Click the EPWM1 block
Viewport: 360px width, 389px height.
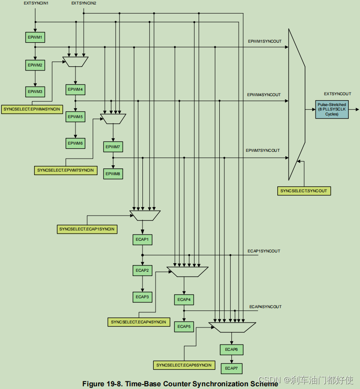tap(35, 36)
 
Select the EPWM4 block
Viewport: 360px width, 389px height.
tap(75, 89)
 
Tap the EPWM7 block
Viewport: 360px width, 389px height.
tap(113, 147)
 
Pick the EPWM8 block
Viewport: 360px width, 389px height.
tap(113, 173)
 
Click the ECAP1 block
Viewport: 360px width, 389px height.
tap(142, 239)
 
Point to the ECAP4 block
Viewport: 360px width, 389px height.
tap(184, 300)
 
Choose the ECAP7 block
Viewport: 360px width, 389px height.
tap(231, 368)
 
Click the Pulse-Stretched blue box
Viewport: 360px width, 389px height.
tap(332, 110)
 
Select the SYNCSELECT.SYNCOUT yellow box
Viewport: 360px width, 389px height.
tap(304, 191)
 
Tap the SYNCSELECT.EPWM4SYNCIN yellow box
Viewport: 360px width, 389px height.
tap(31, 109)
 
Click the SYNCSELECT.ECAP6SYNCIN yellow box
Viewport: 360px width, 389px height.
tap(184, 365)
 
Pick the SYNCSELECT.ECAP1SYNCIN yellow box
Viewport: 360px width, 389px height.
tap(87, 229)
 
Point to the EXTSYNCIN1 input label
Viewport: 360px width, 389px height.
tap(36, 4)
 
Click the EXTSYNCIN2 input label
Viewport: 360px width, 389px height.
tap(84, 4)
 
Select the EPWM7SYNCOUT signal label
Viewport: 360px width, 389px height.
tap(262, 150)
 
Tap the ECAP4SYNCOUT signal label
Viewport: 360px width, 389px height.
tap(265, 307)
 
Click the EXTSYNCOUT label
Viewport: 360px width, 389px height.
tap(337, 93)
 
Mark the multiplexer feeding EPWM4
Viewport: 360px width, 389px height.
tap(76, 62)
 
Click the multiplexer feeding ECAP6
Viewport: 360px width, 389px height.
tap(232, 327)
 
